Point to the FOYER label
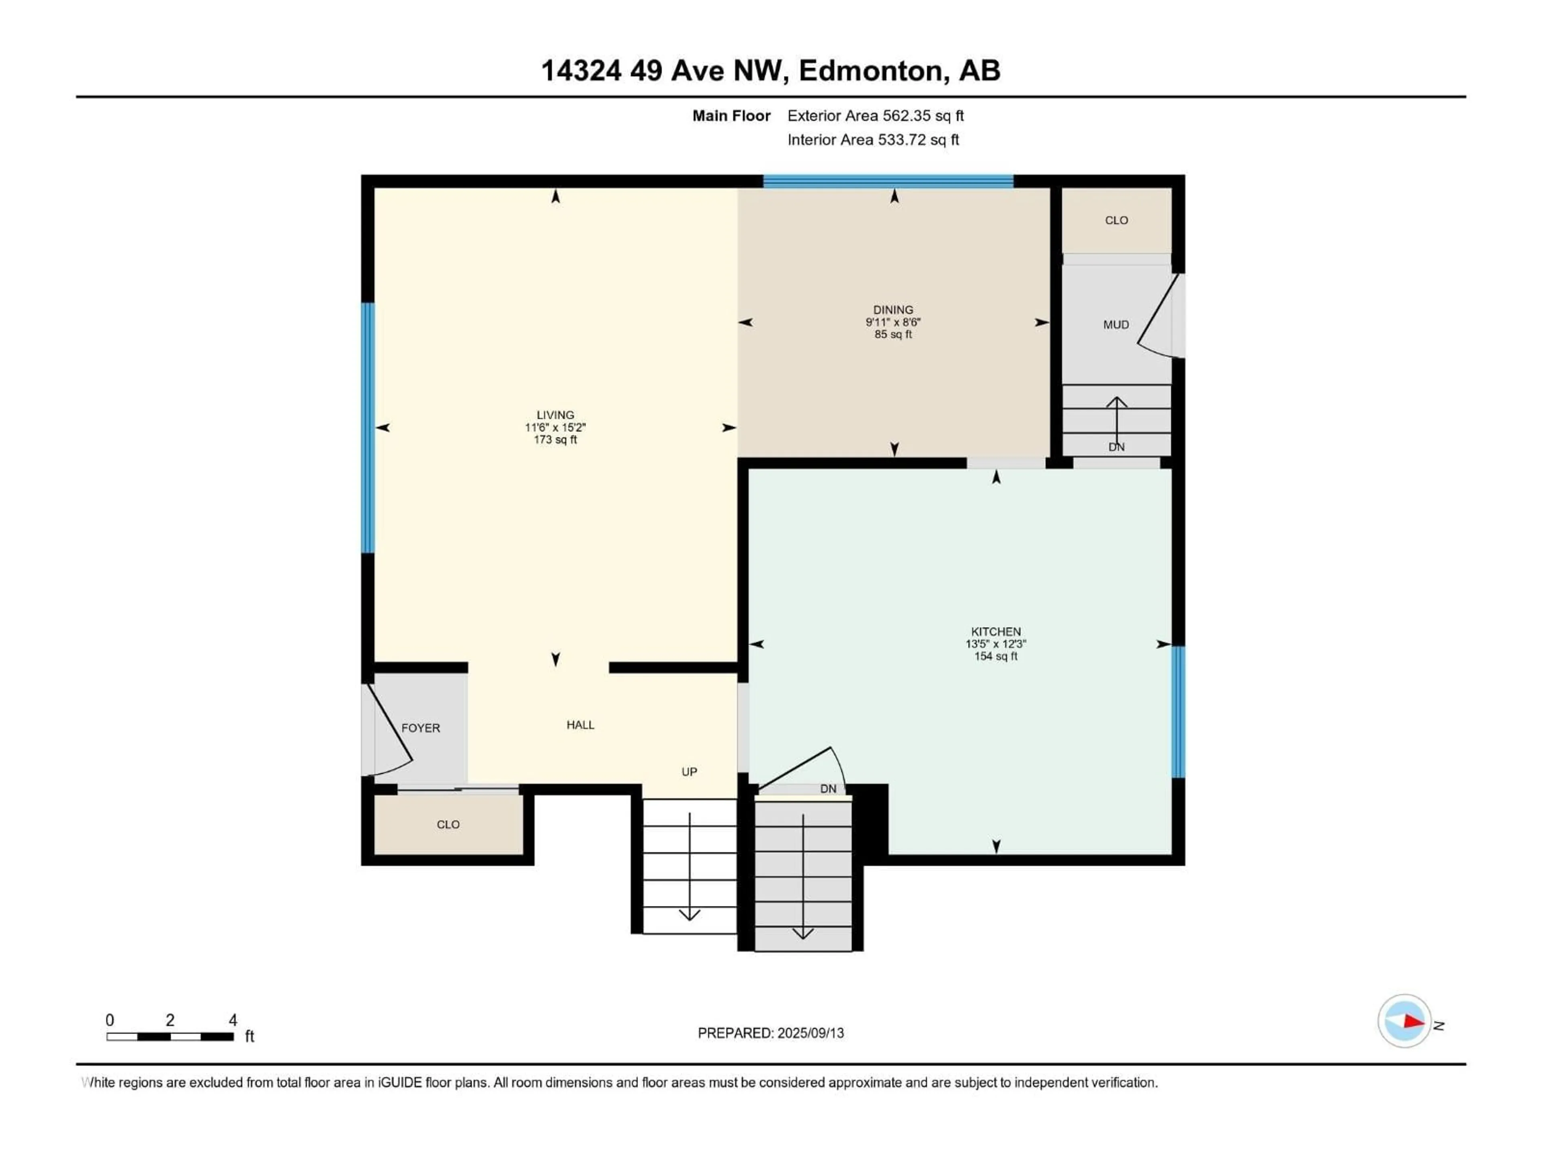(421, 728)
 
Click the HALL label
(580, 725)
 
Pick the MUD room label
(1116, 324)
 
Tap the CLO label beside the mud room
(1116, 221)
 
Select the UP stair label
(689, 772)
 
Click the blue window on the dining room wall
(888, 181)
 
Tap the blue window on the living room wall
(368, 428)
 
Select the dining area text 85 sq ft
(893, 335)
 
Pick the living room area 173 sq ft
(555, 440)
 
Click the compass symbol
(1404, 1021)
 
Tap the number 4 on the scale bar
(233, 1020)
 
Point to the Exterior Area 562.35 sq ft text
(876, 116)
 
